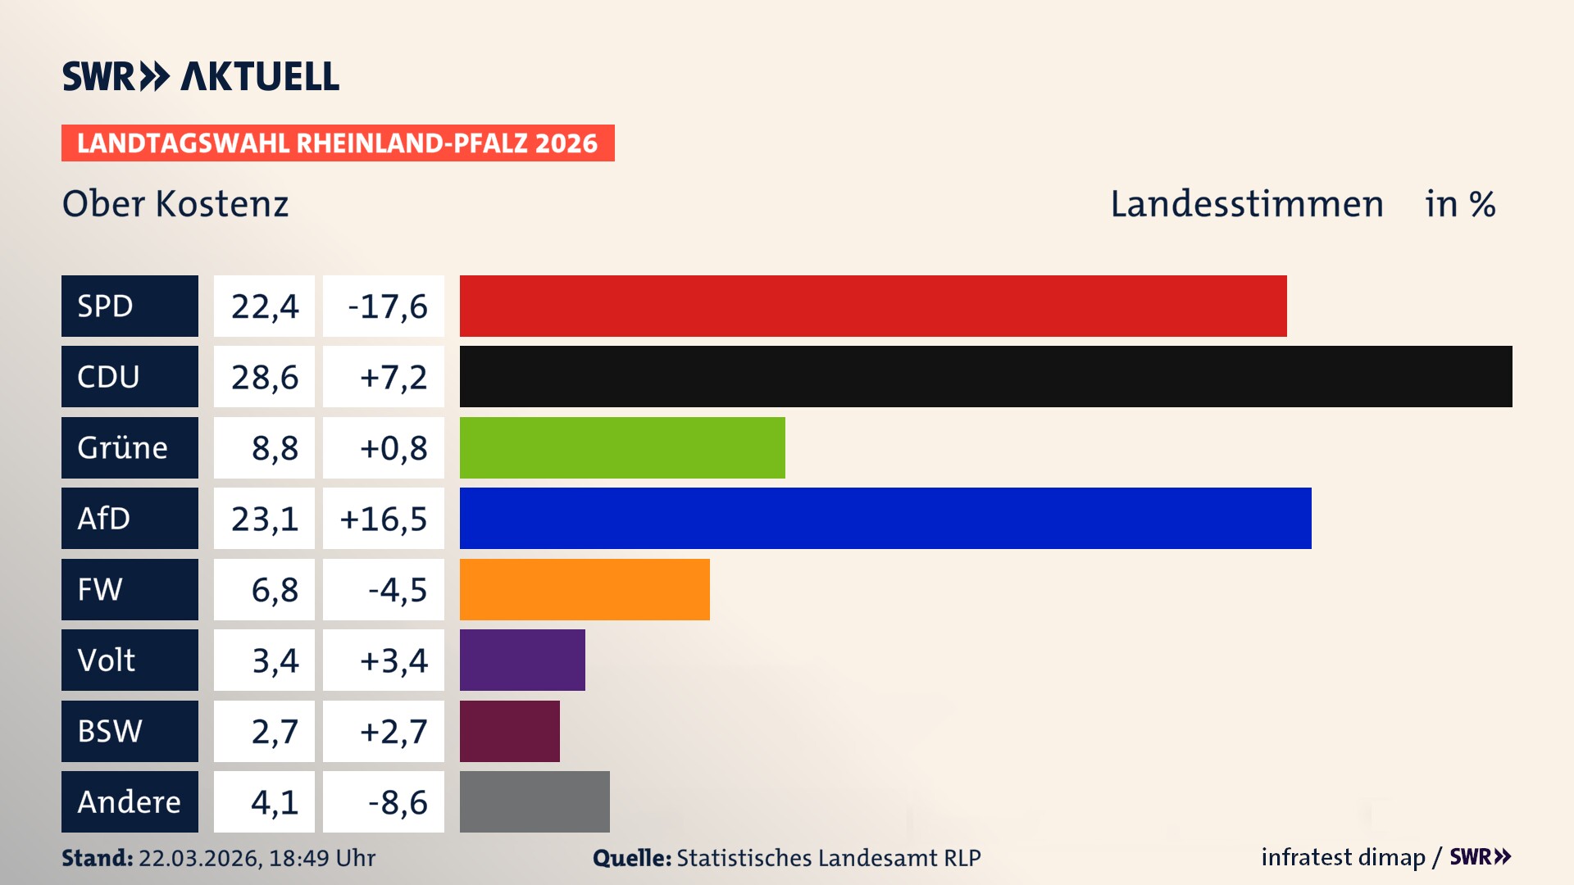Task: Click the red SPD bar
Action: click(x=873, y=306)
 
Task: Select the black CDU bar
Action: click(x=985, y=376)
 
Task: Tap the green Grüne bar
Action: click(x=622, y=447)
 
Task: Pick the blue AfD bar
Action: click(x=885, y=518)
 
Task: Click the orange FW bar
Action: click(x=585, y=589)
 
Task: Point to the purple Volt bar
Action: click(x=522, y=660)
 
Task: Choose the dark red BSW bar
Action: click(x=509, y=731)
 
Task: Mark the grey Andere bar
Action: click(x=535, y=801)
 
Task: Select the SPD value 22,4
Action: click(x=264, y=306)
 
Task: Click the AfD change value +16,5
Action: click(x=383, y=518)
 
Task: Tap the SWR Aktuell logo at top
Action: click(x=201, y=76)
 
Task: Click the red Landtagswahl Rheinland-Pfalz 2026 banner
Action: click(x=338, y=143)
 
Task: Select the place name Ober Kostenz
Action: click(x=175, y=203)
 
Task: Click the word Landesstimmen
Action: click(x=1246, y=203)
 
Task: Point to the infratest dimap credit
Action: click(x=1342, y=857)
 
